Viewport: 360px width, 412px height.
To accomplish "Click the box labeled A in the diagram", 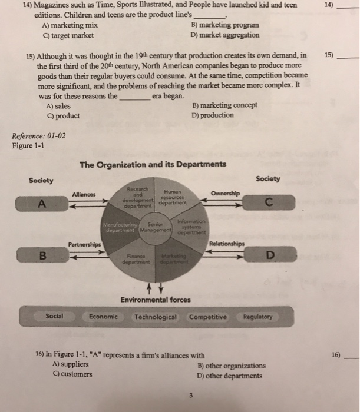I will point(41,204).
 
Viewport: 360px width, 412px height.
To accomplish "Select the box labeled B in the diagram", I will point(41,256).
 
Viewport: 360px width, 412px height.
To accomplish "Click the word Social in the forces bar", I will point(55,316).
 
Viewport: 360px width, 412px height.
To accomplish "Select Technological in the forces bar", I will point(155,317).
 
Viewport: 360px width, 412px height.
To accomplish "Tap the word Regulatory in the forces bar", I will point(257,317).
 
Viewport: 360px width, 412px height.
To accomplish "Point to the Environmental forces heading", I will point(156,300).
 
